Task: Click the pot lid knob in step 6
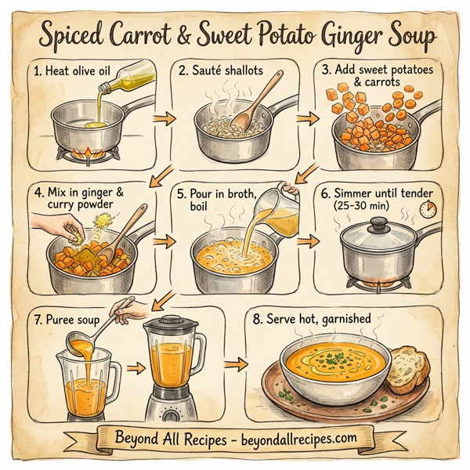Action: (378, 222)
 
